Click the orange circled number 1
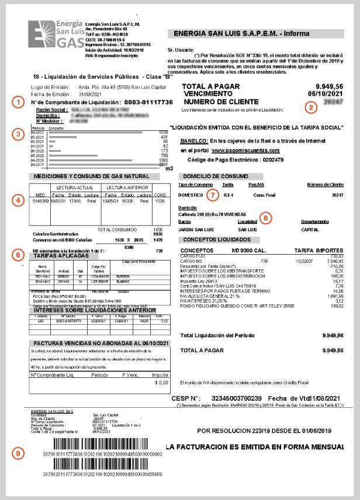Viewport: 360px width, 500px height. click(19, 102)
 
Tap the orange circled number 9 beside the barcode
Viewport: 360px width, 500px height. click(19, 453)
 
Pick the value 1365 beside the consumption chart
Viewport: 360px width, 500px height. click(163, 159)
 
